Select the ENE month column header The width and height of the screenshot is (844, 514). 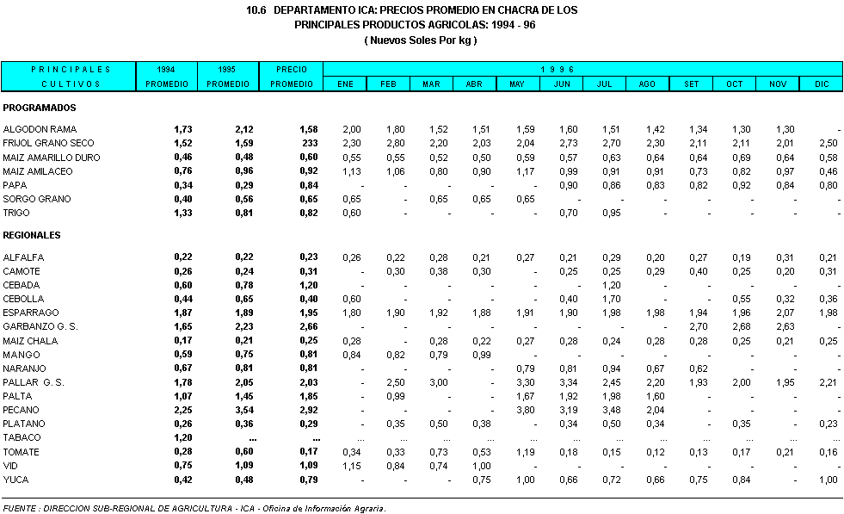(x=345, y=84)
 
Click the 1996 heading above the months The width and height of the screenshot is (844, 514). (x=557, y=69)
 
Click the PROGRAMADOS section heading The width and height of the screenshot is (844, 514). (x=40, y=108)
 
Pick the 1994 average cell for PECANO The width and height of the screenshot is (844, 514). (x=182, y=410)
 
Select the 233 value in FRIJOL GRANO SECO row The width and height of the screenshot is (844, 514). (x=309, y=143)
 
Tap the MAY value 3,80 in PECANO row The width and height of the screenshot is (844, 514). (x=525, y=410)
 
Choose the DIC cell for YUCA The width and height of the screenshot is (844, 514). (x=828, y=480)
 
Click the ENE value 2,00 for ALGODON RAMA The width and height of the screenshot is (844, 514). (x=351, y=129)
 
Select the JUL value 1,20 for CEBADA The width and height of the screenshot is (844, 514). (x=611, y=285)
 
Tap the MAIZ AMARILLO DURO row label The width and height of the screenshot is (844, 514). (x=52, y=158)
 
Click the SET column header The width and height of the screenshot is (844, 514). (x=691, y=84)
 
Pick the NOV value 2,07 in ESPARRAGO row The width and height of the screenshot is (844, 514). (x=784, y=313)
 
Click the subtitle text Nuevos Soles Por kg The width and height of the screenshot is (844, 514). (x=421, y=40)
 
